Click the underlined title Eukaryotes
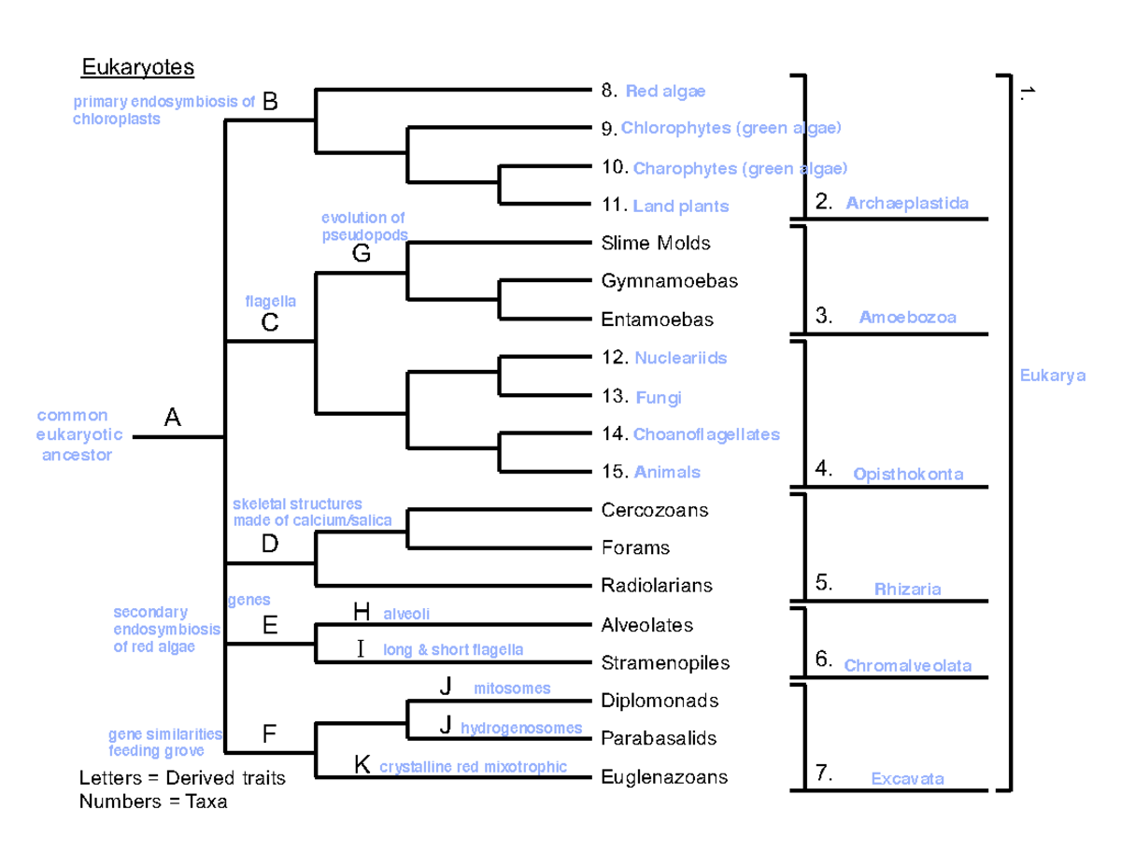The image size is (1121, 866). tap(136, 67)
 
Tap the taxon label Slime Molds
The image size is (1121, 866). tap(656, 243)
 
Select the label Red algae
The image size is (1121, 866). tap(665, 92)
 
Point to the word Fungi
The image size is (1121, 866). tap(659, 398)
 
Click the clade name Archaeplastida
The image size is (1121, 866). tap(907, 203)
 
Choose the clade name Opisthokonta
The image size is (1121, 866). tap(908, 475)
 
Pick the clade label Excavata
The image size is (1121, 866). tap(907, 778)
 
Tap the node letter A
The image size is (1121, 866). tap(173, 419)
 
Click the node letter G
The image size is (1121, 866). tap(362, 253)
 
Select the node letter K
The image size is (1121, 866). tap(362, 766)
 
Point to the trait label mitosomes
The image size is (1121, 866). tap(512, 689)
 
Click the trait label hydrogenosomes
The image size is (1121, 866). tap(521, 728)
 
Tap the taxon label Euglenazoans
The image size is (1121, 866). tap(664, 776)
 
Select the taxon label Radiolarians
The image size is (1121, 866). tap(657, 586)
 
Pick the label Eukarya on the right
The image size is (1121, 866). tap(1052, 376)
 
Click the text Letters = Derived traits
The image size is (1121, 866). tap(182, 777)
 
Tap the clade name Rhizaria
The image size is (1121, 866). tap(907, 589)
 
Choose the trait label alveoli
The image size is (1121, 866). tap(406, 614)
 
